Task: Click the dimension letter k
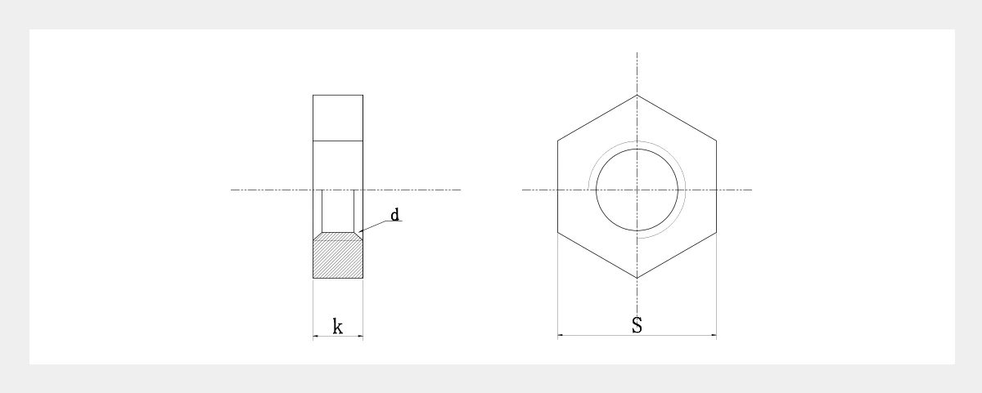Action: coord(337,327)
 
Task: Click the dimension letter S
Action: coord(637,325)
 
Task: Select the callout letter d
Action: coord(394,215)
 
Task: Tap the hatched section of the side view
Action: coord(337,259)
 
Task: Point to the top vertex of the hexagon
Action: coord(637,95)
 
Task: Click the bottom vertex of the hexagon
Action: coord(637,278)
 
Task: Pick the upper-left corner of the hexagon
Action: coord(557,141)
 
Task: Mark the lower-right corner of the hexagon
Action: coord(716,232)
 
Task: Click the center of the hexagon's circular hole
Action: coord(637,190)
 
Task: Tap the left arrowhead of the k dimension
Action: coord(315,336)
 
